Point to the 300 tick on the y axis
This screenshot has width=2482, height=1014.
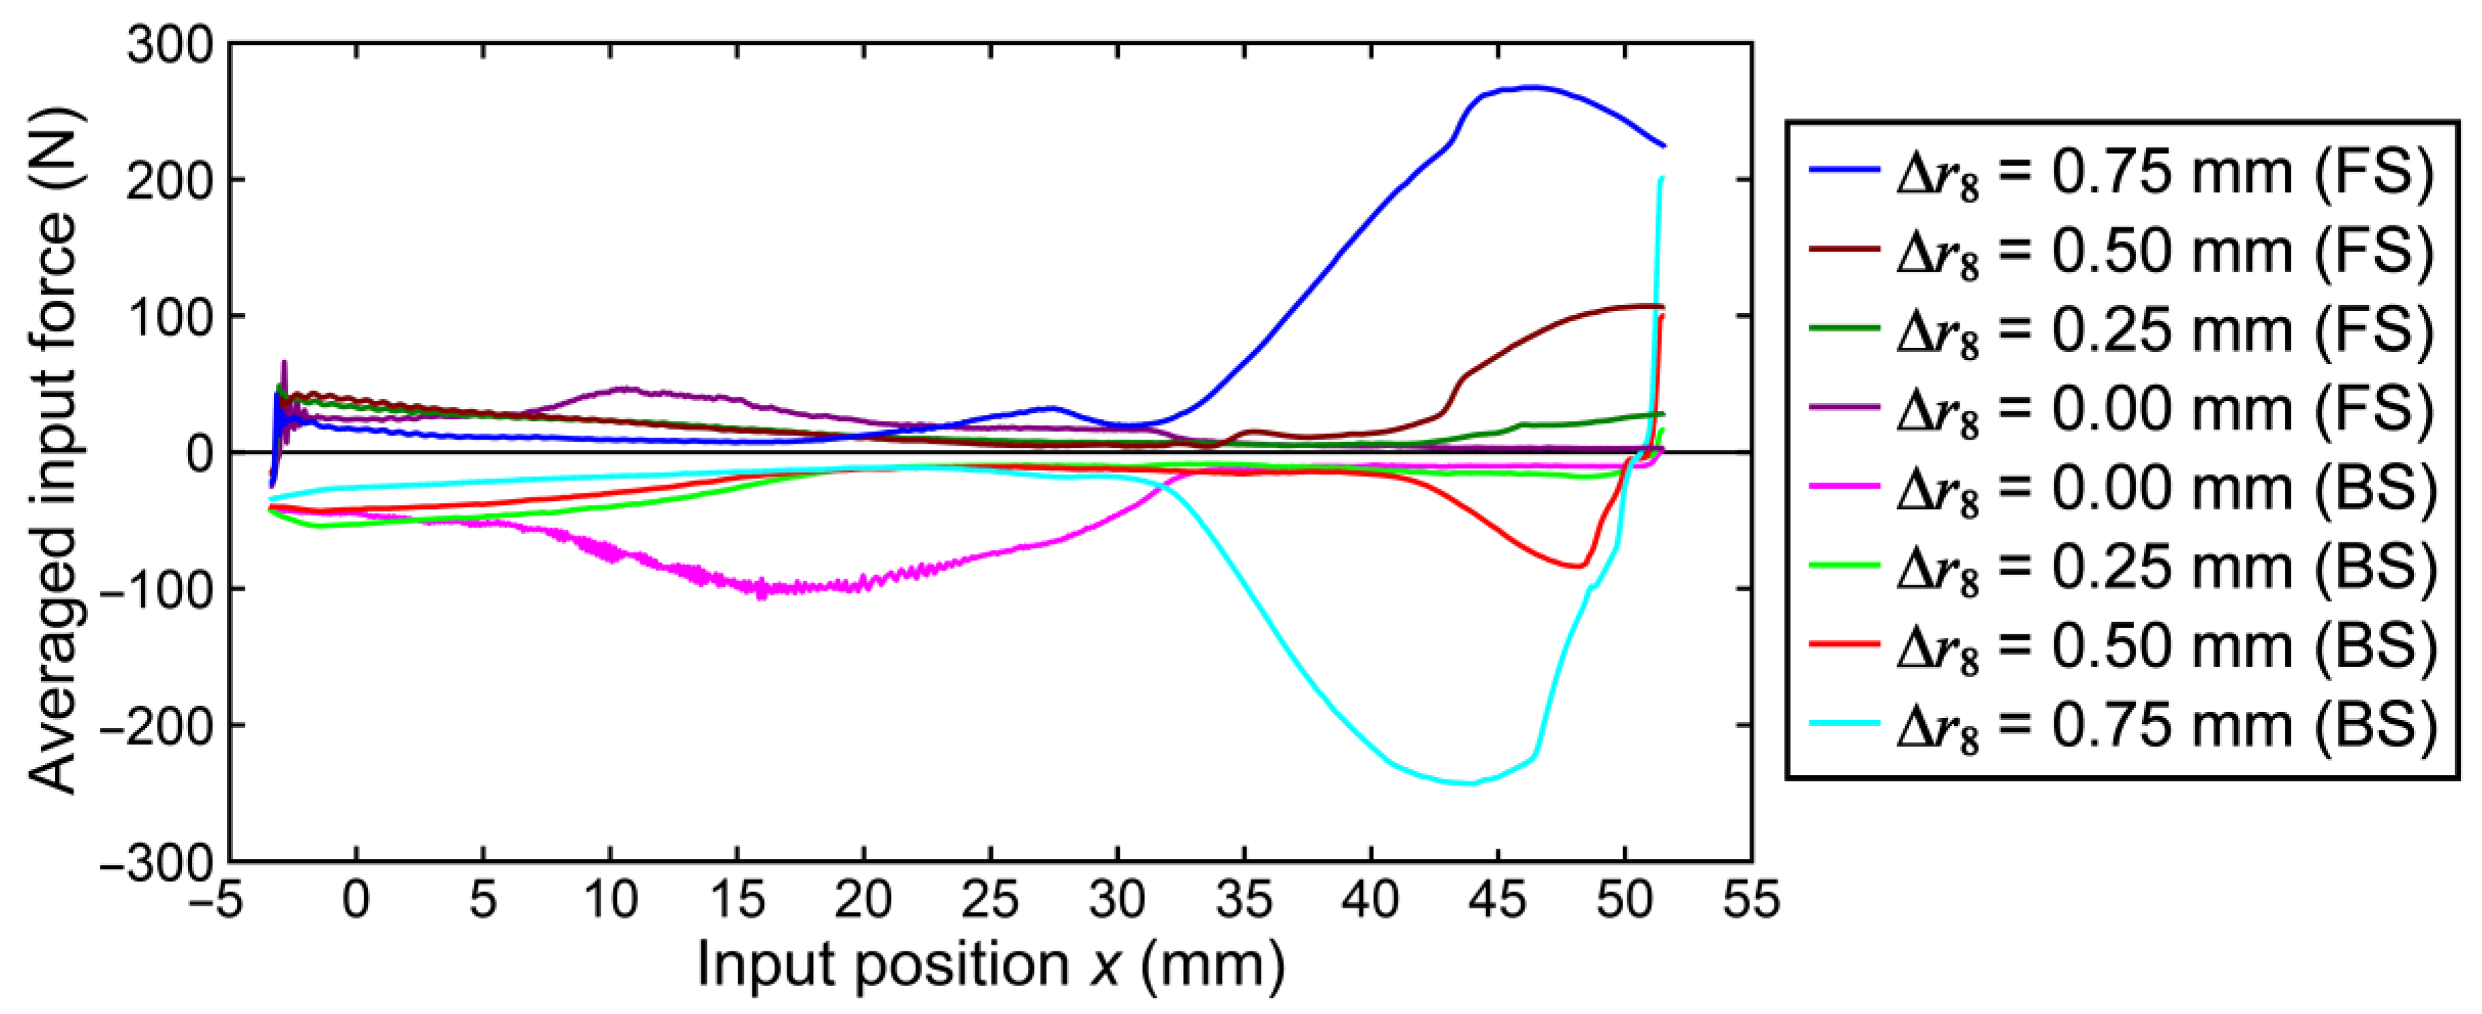click(170, 46)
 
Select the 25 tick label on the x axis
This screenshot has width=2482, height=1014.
click(990, 900)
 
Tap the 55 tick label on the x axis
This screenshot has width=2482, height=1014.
click(1750, 900)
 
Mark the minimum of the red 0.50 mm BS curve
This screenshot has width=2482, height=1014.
click(1577, 566)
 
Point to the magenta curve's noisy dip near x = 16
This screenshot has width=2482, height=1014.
click(761, 587)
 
